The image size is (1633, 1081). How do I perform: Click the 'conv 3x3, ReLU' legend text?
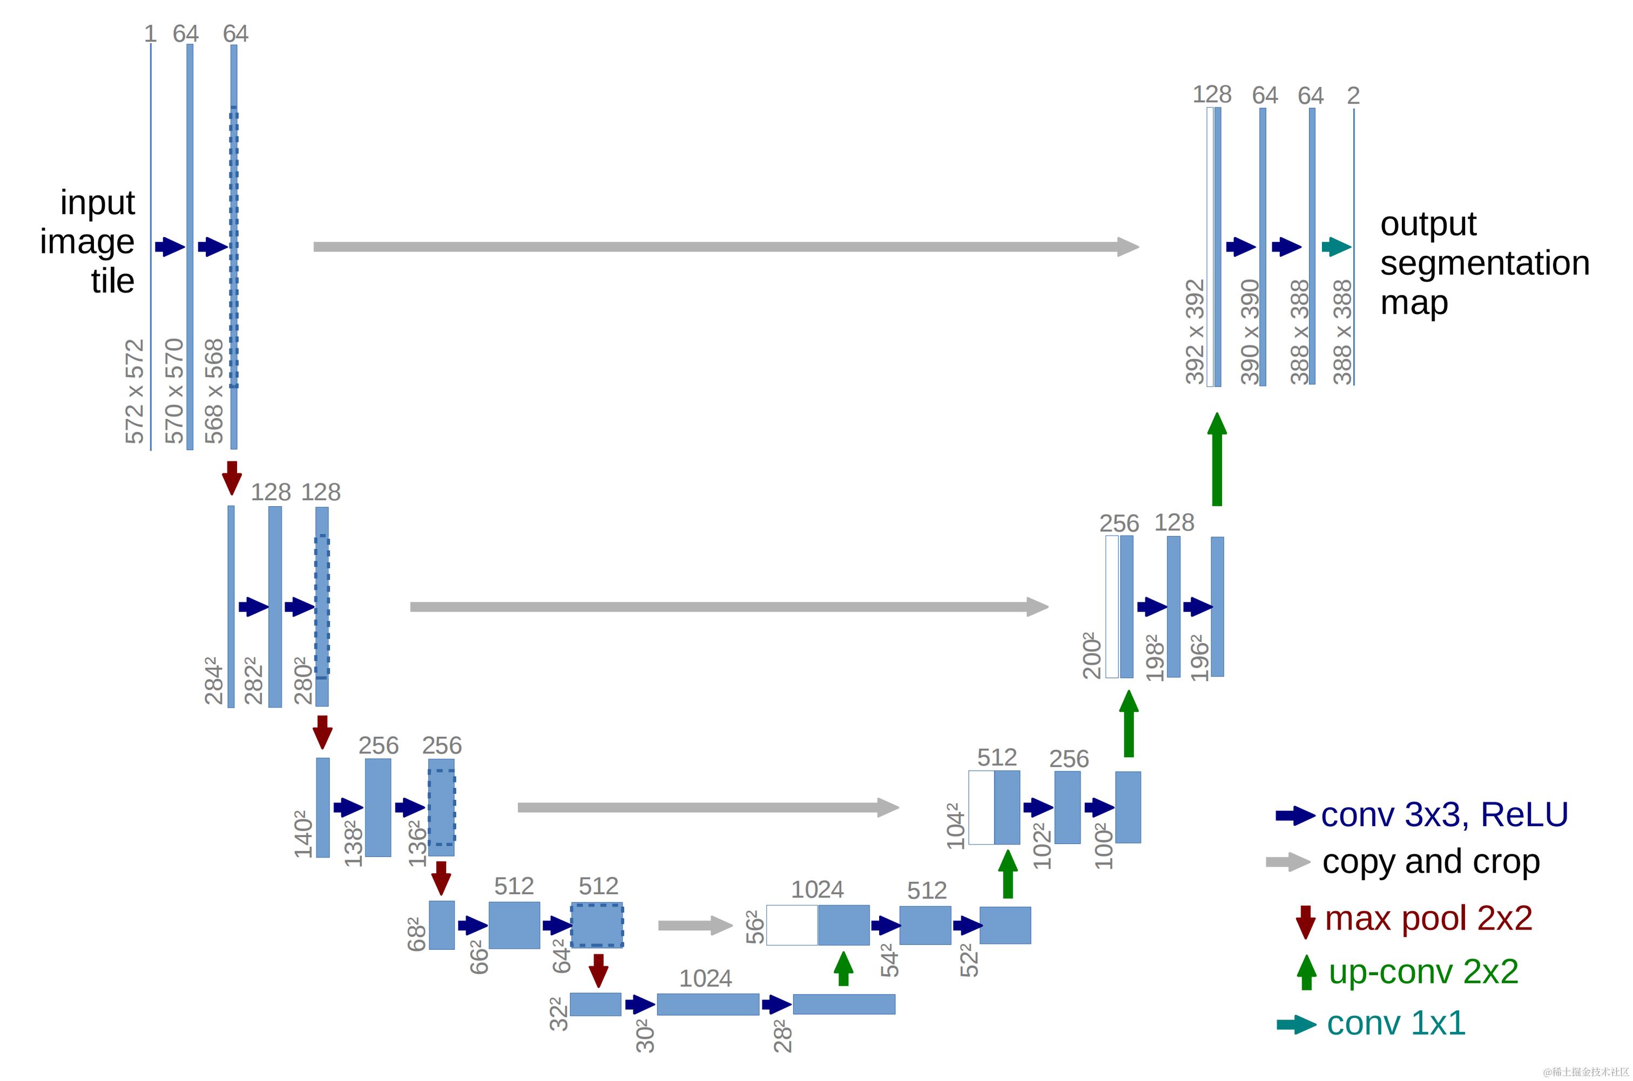click(1444, 815)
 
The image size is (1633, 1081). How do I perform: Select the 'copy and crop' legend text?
click(1431, 862)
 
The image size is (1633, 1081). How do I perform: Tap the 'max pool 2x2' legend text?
click(1428, 919)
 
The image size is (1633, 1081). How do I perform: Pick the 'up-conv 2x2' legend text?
click(1423, 971)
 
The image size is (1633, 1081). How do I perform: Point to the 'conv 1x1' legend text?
click(1396, 1023)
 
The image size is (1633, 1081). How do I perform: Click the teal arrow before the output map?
click(1336, 246)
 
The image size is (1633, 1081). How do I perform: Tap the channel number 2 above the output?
click(1353, 95)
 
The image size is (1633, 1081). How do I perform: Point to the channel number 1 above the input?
click(150, 34)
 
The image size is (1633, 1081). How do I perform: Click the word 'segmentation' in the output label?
click(1484, 263)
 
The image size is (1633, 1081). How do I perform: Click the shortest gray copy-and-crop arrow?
click(694, 925)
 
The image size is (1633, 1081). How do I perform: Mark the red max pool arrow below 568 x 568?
click(232, 477)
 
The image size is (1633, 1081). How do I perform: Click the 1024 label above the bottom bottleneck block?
click(705, 978)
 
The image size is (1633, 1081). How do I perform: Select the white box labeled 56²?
click(792, 925)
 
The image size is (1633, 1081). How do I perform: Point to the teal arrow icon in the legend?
click(1296, 1024)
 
